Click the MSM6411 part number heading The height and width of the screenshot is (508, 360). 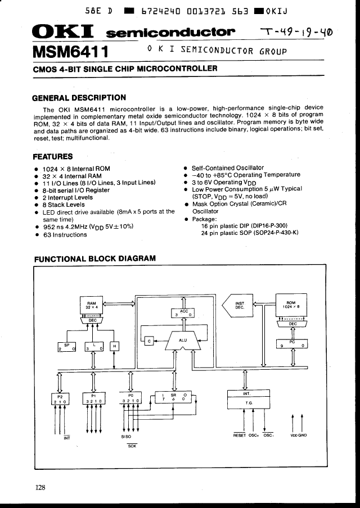pos(70,52)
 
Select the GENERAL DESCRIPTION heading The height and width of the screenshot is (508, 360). pos(79,98)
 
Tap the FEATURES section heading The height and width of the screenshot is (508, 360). pos(52,156)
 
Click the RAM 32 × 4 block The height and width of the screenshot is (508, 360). pos(92,306)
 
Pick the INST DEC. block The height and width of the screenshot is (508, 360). pos(238,306)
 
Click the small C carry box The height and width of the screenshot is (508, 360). pos(149,341)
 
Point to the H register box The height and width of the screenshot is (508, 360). pos(115,347)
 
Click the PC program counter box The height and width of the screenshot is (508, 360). pos(292,343)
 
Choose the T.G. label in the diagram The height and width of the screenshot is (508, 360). pos(248,403)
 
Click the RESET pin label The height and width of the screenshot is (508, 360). pos(240,434)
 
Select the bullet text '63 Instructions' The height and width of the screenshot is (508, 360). pos(65,235)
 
